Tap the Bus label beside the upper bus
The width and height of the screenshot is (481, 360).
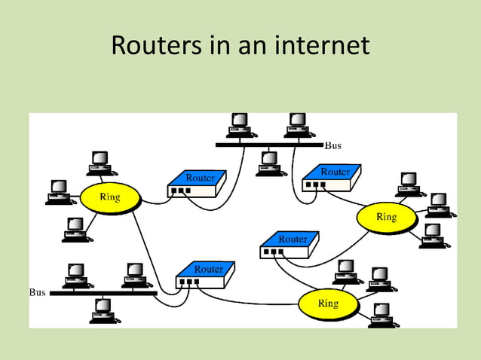(x=333, y=144)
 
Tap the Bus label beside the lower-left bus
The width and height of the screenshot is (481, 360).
(x=37, y=291)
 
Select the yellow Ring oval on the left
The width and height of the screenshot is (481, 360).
(x=109, y=198)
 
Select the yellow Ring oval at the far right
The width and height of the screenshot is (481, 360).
(x=386, y=217)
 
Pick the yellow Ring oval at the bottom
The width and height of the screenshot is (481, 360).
(x=328, y=304)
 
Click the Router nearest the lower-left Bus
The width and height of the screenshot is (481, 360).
(x=204, y=275)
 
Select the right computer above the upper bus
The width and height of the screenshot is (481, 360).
(x=297, y=124)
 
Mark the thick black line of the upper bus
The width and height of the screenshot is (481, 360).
(x=269, y=144)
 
